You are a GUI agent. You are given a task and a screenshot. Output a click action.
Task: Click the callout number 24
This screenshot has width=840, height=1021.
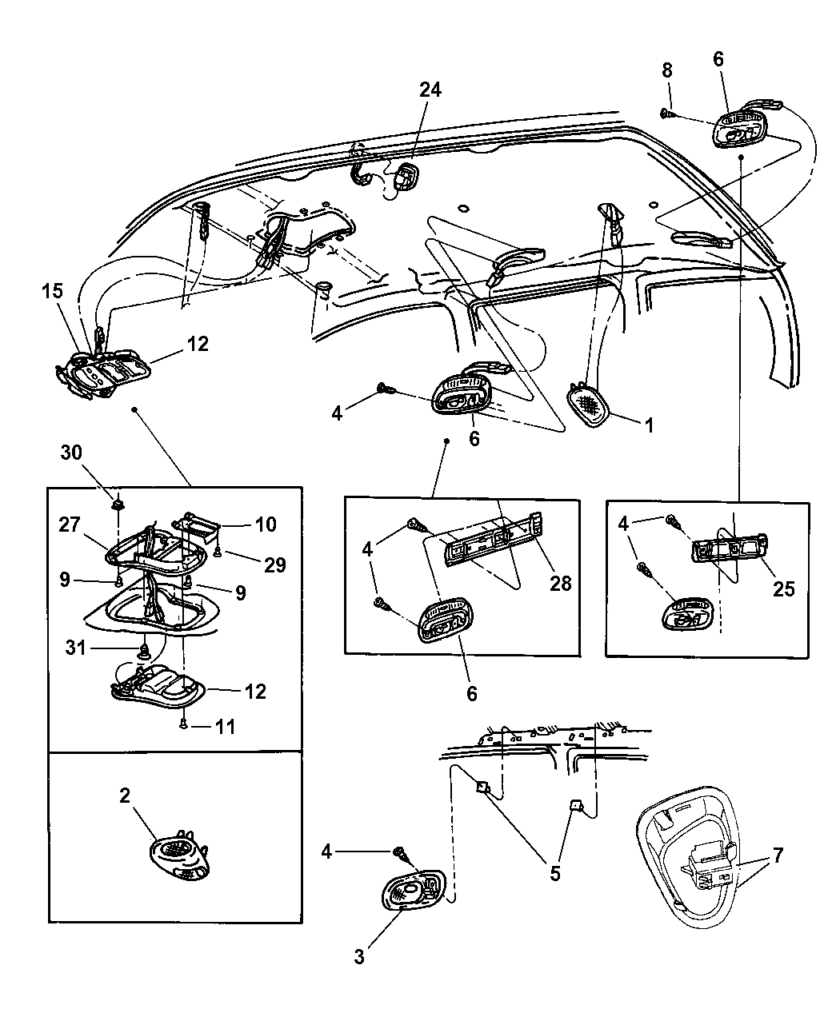coord(430,89)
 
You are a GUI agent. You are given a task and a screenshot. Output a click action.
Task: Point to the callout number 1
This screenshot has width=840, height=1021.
coord(649,426)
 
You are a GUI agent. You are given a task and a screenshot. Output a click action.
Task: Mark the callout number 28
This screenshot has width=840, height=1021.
coord(560,583)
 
